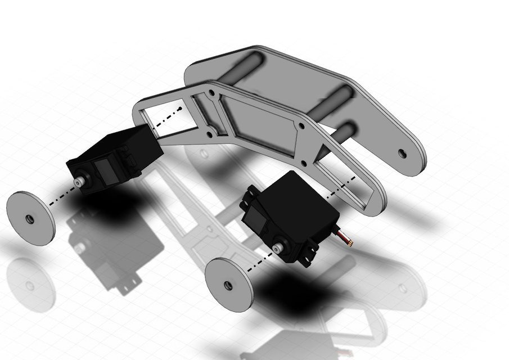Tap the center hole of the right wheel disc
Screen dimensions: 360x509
(x=228, y=285)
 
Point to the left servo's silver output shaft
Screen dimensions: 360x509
(x=80, y=182)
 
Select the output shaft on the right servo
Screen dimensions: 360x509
(x=277, y=248)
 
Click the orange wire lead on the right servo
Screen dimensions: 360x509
(x=347, y=240)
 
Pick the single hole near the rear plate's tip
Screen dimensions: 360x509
(x=402, y=152)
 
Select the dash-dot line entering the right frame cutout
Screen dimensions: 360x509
(x=340, y=186)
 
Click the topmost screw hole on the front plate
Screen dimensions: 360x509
(x=212, y=91)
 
